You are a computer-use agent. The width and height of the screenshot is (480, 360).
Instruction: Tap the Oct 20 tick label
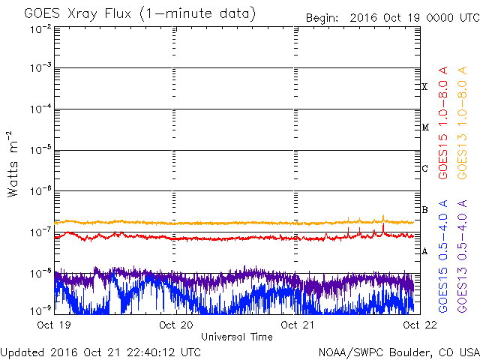(174, 325)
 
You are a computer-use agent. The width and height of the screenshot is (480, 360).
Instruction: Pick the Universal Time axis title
(236, 337)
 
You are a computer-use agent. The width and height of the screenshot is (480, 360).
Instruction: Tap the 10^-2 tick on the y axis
(40, 28)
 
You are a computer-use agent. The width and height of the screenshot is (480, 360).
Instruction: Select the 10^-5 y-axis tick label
(40, 150)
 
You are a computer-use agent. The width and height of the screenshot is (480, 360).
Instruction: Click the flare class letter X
(424, 87)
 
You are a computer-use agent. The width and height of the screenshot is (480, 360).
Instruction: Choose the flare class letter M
(424, 127)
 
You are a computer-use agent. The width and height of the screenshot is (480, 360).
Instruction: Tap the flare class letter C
(424, 169)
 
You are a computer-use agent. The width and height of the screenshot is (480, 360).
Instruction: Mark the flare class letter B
(424, 210)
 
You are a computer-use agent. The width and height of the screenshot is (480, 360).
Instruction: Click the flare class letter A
(424, 251)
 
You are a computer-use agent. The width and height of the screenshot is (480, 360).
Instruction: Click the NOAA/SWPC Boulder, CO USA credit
(398, 352)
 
